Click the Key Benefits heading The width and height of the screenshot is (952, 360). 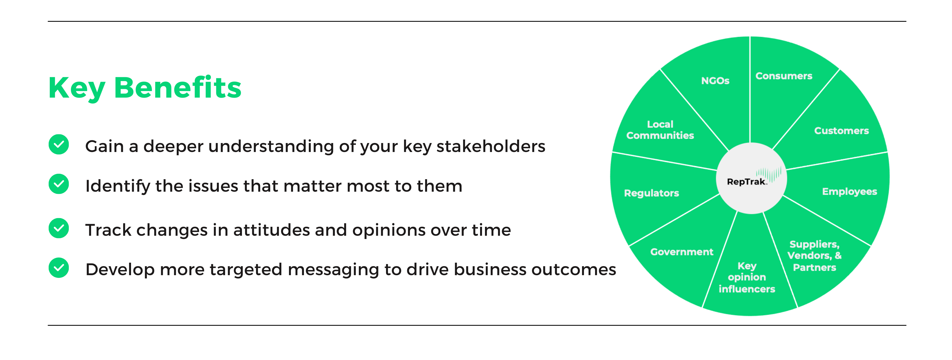point(145,88)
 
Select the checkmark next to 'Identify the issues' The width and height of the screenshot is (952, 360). point(59,184)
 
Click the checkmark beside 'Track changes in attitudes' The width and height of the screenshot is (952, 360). point(59,228)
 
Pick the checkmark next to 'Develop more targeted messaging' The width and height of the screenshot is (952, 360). point(59,268)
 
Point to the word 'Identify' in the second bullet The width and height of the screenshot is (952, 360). point(116,186)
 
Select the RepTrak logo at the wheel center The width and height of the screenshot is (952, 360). point(751,178)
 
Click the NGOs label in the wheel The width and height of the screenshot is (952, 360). point(715,80)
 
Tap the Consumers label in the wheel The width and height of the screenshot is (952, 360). point(784,76)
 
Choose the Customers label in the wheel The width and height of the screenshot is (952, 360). point(842,131)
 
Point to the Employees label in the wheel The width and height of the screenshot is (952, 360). point(849,191)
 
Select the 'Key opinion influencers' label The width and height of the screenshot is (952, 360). point(746,277)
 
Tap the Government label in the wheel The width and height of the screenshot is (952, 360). point(682,252)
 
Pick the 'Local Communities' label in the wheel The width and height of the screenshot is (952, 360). point(660,130)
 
